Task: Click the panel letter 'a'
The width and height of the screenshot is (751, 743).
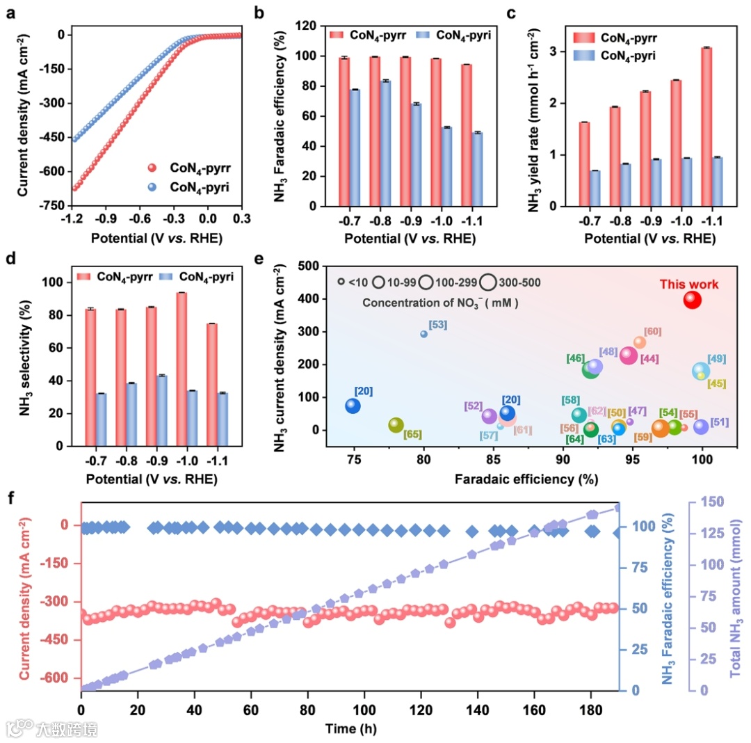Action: point(10,13)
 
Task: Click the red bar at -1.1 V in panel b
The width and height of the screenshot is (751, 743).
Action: point(466,136)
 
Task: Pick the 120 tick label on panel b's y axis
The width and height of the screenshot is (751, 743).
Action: point(300,26)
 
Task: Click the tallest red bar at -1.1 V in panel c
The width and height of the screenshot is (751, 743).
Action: point(706,127)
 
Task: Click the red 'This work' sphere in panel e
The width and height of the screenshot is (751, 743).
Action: point(692,300)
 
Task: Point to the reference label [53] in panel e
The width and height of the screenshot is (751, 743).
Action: point(438,324)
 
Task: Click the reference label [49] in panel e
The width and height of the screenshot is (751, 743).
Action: point(717,358)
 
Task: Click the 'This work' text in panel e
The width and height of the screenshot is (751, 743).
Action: point(688,284)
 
